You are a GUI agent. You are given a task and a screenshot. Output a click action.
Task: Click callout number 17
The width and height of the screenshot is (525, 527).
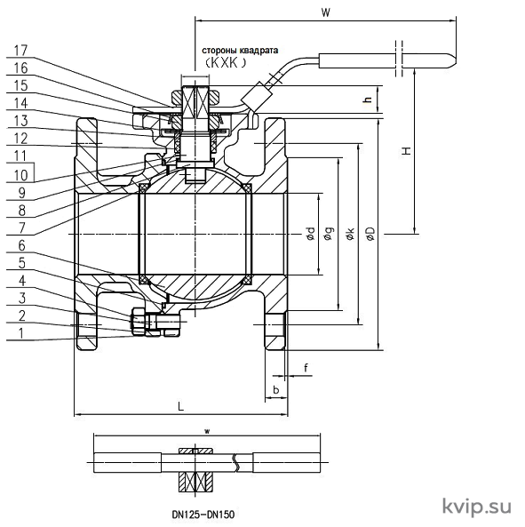point(20,51)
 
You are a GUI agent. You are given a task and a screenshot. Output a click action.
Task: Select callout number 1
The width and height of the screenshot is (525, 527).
point(20,333)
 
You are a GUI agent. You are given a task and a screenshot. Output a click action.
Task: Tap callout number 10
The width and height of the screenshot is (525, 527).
point(20,175)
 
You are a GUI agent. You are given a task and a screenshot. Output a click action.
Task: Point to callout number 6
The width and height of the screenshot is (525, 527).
point(21,245)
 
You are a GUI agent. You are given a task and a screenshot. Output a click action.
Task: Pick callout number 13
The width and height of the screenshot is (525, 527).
point(20,120)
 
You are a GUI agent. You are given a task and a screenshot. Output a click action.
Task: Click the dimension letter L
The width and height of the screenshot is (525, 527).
point(180,407)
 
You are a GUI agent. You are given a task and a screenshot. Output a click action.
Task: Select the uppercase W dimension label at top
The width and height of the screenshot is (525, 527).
point(325,12)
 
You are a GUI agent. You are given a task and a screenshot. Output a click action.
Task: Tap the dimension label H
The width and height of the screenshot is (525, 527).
point(407,150)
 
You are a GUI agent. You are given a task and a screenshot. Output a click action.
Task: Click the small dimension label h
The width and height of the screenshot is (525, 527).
point(369,100)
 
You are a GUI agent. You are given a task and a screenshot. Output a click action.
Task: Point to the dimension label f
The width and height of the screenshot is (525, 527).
point(306,368)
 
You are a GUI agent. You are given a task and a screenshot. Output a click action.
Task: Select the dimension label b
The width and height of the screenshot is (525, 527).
point(276,390)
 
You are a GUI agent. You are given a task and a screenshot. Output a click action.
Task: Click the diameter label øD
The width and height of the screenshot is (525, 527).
point(370,233)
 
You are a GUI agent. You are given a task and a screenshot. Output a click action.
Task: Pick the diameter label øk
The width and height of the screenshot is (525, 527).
point(350,233)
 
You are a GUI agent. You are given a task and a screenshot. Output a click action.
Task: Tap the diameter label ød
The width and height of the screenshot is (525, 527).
point(311,234)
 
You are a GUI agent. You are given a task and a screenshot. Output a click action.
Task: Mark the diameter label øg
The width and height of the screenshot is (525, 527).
point(330,234)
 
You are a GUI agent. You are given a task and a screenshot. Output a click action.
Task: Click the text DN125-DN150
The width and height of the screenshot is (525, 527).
point(203,514)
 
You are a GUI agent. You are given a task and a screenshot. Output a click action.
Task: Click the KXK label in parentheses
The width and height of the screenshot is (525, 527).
point(226,62)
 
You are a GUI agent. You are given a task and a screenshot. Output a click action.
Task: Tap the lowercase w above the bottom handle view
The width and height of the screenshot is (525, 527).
point(207,432)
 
